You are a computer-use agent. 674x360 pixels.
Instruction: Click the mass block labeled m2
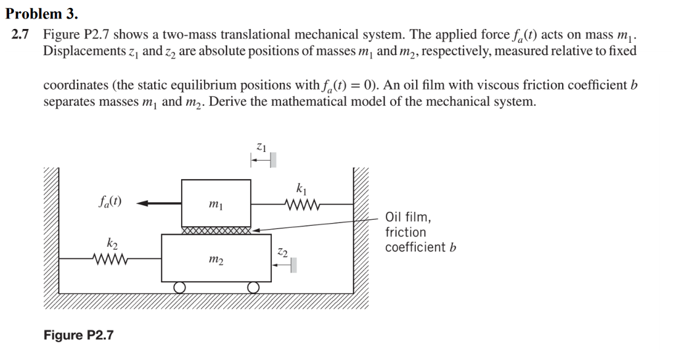216,258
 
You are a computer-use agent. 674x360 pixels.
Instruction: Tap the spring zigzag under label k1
302,205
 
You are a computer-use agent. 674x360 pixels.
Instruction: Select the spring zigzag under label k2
110,259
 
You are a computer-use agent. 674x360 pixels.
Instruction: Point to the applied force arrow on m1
159,203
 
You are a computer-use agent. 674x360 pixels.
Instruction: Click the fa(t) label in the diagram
110,201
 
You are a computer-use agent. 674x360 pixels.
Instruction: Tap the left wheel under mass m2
180,287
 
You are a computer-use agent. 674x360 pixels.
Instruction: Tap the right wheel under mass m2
253,287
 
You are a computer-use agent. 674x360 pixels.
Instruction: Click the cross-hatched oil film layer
216,231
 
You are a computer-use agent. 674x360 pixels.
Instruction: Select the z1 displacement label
261,147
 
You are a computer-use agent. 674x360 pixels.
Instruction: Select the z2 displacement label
282,252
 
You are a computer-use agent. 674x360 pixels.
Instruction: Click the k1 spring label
301,189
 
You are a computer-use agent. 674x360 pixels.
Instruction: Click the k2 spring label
112,244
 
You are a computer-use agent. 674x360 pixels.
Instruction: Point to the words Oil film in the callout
408,217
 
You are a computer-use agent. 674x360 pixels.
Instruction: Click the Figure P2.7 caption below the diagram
79,335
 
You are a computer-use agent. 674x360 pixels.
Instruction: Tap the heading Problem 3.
41,14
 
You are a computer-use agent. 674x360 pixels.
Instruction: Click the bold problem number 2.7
20,34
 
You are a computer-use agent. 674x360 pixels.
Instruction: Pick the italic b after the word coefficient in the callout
453,247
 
